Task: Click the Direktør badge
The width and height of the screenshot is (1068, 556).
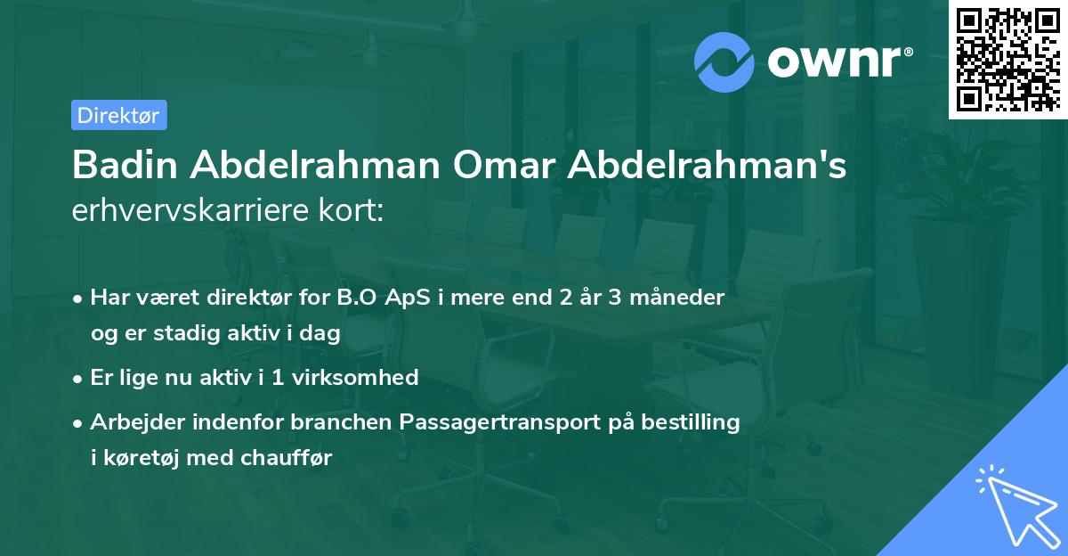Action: tap(118, 115)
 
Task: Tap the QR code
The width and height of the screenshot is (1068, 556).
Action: tap(1007, 60)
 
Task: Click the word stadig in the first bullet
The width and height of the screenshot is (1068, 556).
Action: tap(179, 332)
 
